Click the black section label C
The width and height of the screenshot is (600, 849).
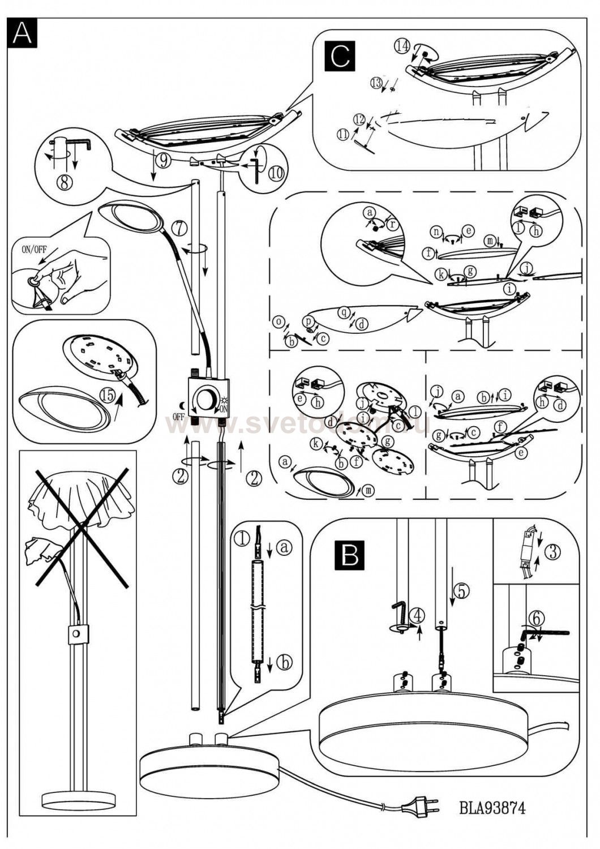(340, 57)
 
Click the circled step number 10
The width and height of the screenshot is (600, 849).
(277, 173)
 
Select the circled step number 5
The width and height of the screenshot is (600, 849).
(461, 591)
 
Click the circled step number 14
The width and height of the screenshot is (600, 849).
(402, 46)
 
